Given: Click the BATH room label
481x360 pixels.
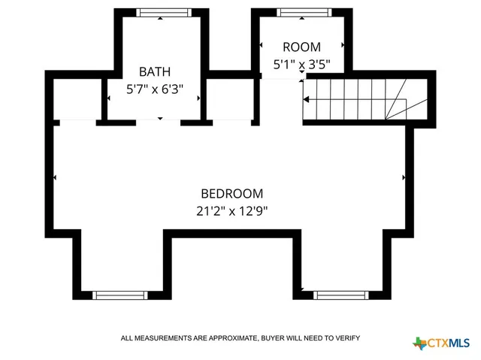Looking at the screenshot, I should tap(154, 72).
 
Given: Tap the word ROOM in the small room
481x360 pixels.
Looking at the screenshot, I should tap(301, 47).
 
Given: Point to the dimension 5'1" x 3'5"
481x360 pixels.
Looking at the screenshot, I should tap(301, 65).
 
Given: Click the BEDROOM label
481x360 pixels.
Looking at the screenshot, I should tap(231, 193).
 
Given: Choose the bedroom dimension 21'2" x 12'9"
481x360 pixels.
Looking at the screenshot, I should tap(231, 210).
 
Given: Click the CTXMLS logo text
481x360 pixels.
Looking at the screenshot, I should tap(449, 343).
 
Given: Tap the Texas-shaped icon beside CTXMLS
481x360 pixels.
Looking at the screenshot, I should tap(419, 343).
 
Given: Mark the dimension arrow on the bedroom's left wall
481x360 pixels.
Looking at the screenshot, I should tap(55, 178).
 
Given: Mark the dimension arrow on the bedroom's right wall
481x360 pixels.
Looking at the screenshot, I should tap(404, 178).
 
